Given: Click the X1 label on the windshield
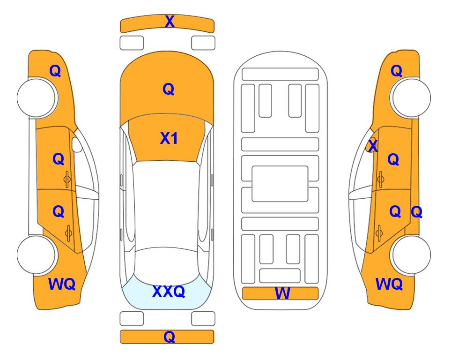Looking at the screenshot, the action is click(x=169, y=138).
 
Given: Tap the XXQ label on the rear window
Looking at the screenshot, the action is click(x=169, y=292).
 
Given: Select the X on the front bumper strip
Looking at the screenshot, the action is click(x=170, y=21).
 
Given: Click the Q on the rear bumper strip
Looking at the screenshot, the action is click(x=170, y=337).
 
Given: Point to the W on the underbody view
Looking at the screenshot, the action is click(x=282, y=293).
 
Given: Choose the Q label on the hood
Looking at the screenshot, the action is click(x=169, y=89).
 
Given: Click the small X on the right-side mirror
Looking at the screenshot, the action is click(x=373, y=145).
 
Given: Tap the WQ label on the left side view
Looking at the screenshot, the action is click(x=62, y=284).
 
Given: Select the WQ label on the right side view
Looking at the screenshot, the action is click(x=389, y=284).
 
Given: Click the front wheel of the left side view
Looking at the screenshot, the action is click(x=37, y=97).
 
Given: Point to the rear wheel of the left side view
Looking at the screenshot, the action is click(x=37, y=255).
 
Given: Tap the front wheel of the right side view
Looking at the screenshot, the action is click(x=411, y=97).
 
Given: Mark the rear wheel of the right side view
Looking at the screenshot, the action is click(x=411, y=255).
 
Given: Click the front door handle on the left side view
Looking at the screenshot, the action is click(x=67, y=179).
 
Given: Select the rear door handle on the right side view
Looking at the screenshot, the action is click(x=379, y=233).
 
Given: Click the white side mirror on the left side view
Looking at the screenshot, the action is click(x=77, y=144).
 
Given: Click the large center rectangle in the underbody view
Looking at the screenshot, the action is click(x=280, y=184).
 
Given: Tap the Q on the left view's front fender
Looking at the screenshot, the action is click(x=55, y=71).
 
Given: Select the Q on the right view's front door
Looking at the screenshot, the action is click(x=393, y=159).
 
